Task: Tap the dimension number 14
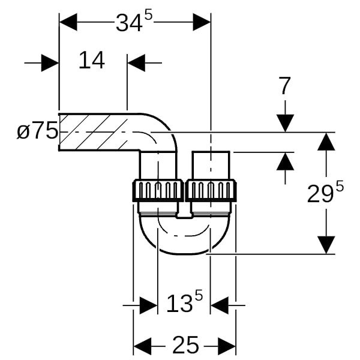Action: (92, 61)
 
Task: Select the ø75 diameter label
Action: (37, 131)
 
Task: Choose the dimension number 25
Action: (185, 344)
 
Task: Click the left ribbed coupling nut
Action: (157, 190)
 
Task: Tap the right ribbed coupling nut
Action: (211, 190)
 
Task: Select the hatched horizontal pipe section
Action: (96, 131)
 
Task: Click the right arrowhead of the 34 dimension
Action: (201, 23)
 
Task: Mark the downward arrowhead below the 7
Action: (285, 122)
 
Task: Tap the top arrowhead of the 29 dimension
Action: (325, 142)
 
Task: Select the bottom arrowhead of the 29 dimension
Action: (325, 245)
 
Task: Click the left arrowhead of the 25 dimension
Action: (142, 344)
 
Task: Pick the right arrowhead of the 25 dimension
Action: (226, 344)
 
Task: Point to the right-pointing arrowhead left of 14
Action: (50, 62)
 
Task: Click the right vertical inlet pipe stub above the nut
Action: (211, 164)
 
